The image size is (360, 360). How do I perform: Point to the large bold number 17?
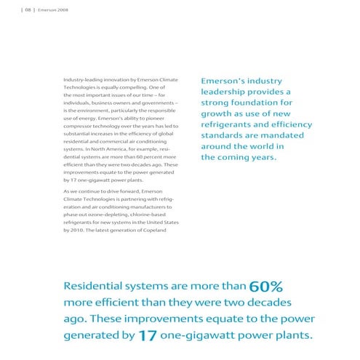(x=148, y=335)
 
